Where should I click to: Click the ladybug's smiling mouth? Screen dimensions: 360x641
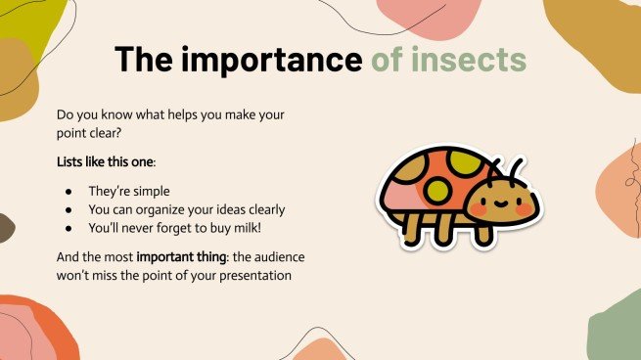(502, 205)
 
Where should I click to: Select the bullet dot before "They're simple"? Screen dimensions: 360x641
(68, 189)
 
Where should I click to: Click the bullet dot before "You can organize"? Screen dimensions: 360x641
(68, 208)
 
